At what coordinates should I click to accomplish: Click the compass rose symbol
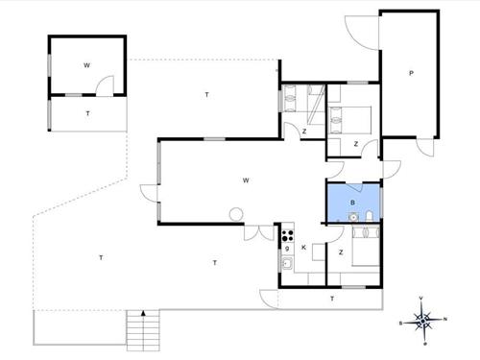pyautogui.click(x=423, y=321)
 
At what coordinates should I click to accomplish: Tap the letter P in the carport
pyautogui.click(x=411, y=73)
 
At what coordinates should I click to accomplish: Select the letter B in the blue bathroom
pyautogui.click(x=352, y=203)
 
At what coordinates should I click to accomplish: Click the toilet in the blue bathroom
pyautogui.click(x=369, y=216)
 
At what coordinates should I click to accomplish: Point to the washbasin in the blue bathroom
pyautogui.click(x=353, y=217)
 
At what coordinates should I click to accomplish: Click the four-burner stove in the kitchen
pyautogui.click(x=287, y=235)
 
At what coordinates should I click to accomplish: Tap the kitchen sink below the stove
pyautogui.click(x=287, y=263)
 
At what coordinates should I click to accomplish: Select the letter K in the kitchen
pyautogui.click(x=303, y=248)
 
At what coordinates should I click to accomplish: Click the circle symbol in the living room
pyautogui.click(x=236, y=214)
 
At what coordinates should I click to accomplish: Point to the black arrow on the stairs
pyautogui.click(x=143, y=313)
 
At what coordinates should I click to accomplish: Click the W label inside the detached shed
pyautogui.click(x=86, y=65)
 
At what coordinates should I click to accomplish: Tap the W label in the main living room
pyautogui.click(x=246, y=180)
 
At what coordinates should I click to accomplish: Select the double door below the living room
pyautogui.click(x=259, y=232)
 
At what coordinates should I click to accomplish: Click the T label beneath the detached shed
pyautogui.click(x=87, y=113)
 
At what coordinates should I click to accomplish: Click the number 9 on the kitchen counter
pyautogui.click(x=287, y=249)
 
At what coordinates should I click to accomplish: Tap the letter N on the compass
pyautogui.click(x=444, y=319)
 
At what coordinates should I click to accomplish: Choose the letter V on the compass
pyautogui.click(x=420, y=299)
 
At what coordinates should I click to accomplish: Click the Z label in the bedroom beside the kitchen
pyautogui.click(x=341, y=252)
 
